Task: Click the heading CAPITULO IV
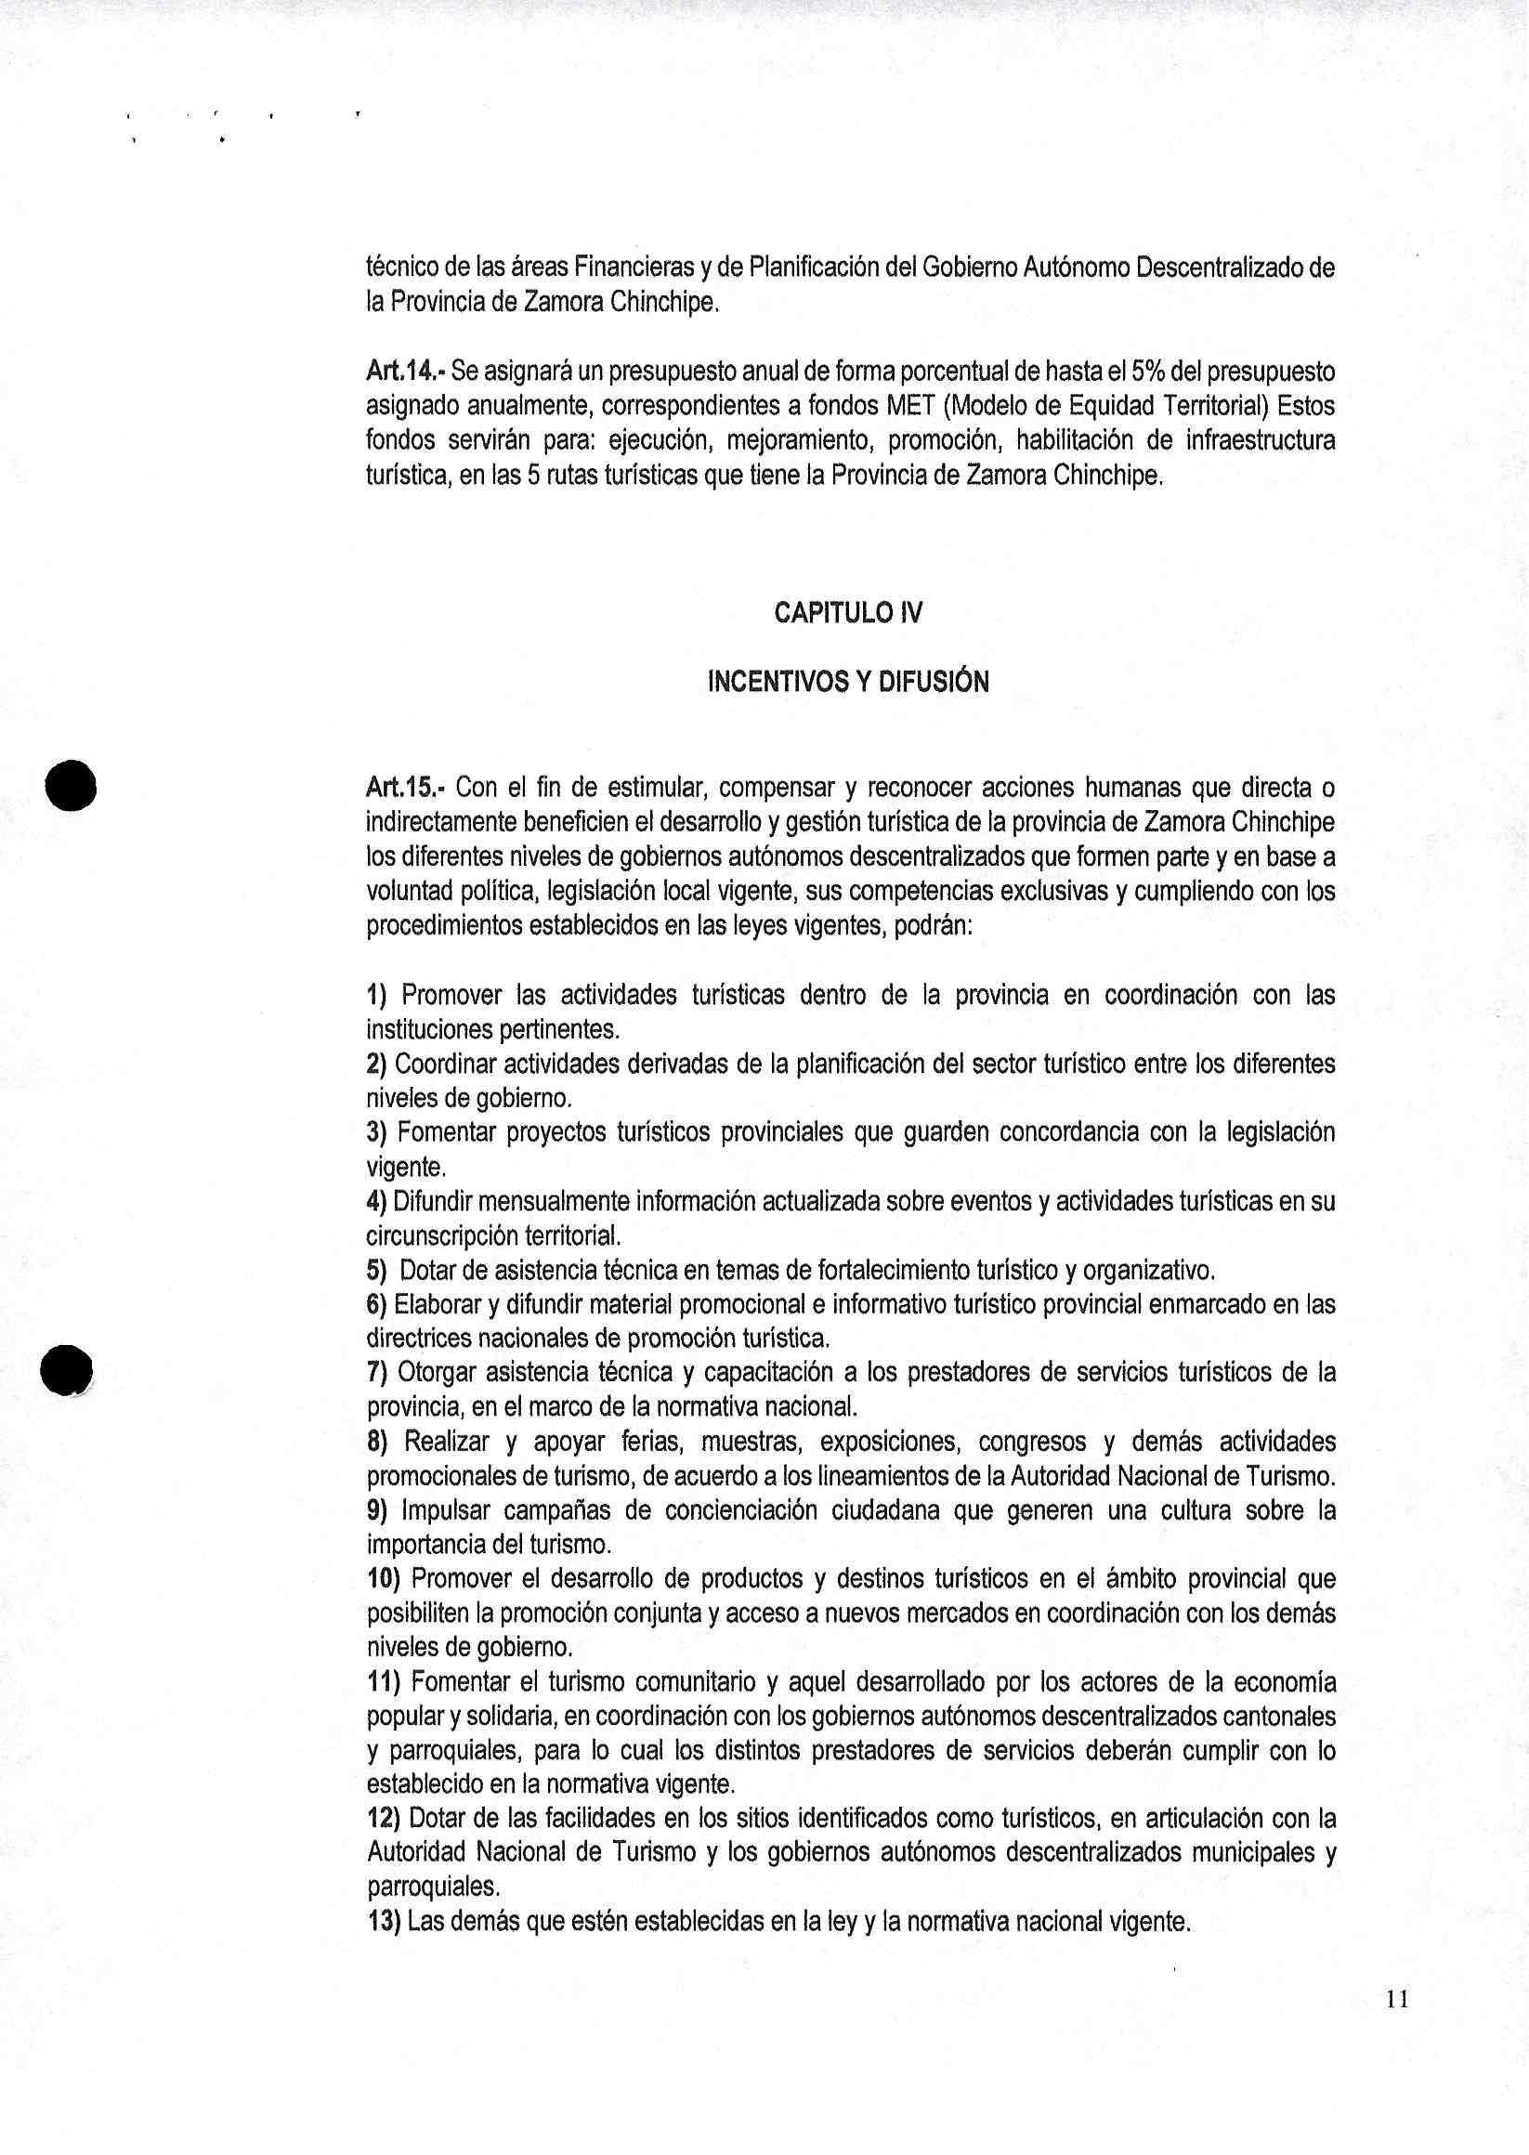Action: coord(848,613)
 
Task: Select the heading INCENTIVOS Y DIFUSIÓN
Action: coord(847,682)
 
